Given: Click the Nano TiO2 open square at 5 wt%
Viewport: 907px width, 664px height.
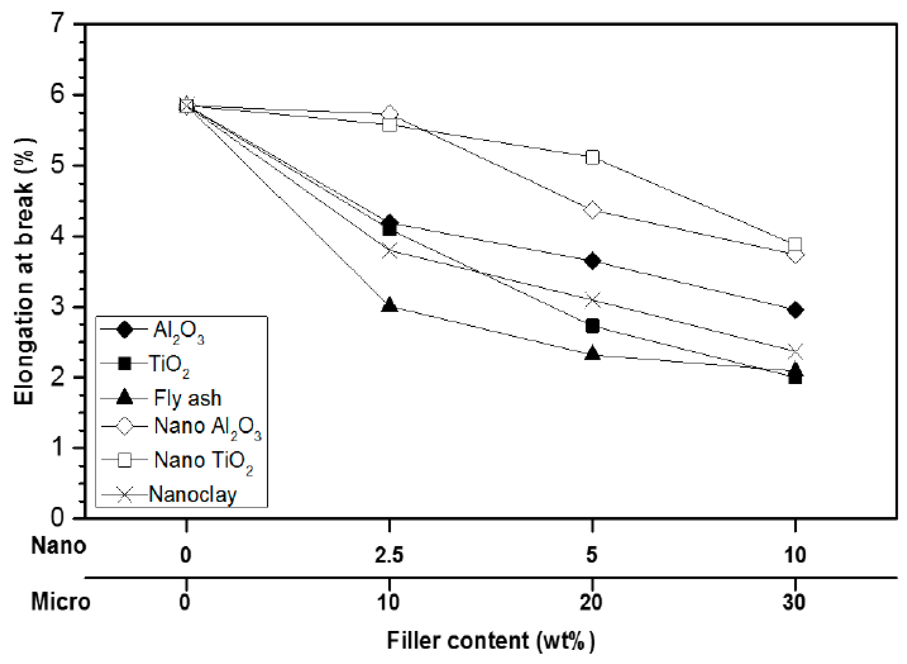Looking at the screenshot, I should click(x=592, y=157).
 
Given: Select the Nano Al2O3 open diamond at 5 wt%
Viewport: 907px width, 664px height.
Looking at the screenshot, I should click(x=592, y=210).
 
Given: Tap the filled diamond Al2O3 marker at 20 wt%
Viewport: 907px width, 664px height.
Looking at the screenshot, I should click(x=592, y=261).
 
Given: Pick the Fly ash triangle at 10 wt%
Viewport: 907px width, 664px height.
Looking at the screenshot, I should click(x=389, y=305).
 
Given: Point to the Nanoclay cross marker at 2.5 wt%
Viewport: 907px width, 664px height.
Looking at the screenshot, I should click(x=389, y=251).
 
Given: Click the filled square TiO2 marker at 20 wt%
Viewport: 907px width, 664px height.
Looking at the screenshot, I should click(x=592, y=326).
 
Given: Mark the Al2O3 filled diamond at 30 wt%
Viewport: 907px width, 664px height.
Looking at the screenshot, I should click(x=795, y=310).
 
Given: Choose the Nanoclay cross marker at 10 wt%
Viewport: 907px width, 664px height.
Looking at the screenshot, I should click(x=795, y=352).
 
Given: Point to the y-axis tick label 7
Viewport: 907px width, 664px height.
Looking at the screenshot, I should click(x=58, y=23).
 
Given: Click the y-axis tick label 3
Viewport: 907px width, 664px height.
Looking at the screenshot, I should click(x=58, y=306).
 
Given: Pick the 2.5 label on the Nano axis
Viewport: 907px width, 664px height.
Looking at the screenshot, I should click(x=389, y=555).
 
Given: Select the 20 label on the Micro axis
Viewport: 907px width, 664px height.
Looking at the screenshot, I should click(x=591, y=602).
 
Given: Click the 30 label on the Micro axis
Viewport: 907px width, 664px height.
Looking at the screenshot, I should click(x=794, y=602).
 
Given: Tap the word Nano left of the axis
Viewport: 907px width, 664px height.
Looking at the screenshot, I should click(x=58, y=546).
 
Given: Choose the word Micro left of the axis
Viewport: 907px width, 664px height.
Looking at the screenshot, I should click(x=60, y=602).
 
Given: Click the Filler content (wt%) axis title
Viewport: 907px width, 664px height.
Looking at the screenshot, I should click(x=491, y=641).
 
